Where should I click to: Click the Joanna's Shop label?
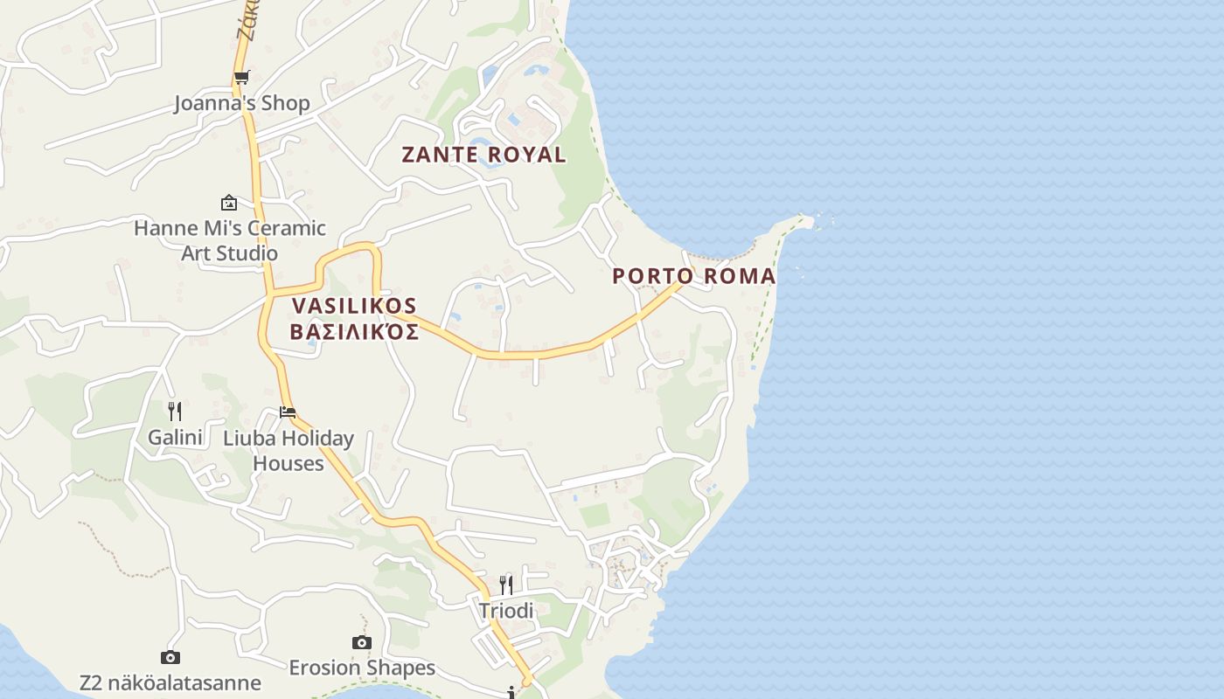point(242,103)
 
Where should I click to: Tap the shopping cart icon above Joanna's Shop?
point(242,77)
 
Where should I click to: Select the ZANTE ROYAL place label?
point(483,155)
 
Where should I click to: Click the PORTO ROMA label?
point(693,276)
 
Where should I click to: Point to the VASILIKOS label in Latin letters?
point(355,306)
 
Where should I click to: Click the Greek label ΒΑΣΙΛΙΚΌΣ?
point(355,332)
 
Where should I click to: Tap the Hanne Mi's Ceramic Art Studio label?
point(229,240)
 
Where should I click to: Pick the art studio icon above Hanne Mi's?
point(229,203)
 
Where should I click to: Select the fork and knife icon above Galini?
point(175,411)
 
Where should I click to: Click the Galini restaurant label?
point(175,437)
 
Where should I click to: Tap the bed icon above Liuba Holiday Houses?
point(288,412)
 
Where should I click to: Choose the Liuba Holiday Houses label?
point(289,450)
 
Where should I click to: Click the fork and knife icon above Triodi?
point(506,585)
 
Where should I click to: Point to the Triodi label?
point(506,611)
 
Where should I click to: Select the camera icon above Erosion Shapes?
point(362,642)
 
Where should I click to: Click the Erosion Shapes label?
point(362,668)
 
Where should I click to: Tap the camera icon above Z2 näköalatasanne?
point(170,657)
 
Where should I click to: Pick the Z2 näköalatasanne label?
point(170,682)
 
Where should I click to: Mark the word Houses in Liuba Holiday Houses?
point(289,463)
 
